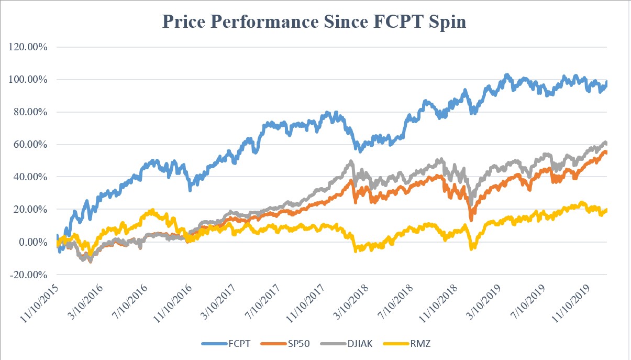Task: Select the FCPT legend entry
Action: [225, 343]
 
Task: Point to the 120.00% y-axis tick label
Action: [28, 47]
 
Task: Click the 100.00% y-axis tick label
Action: [28, 80]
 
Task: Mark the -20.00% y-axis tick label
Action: [29, 275]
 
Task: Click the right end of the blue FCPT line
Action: [607, 82]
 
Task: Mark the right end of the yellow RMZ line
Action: [607, 210]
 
